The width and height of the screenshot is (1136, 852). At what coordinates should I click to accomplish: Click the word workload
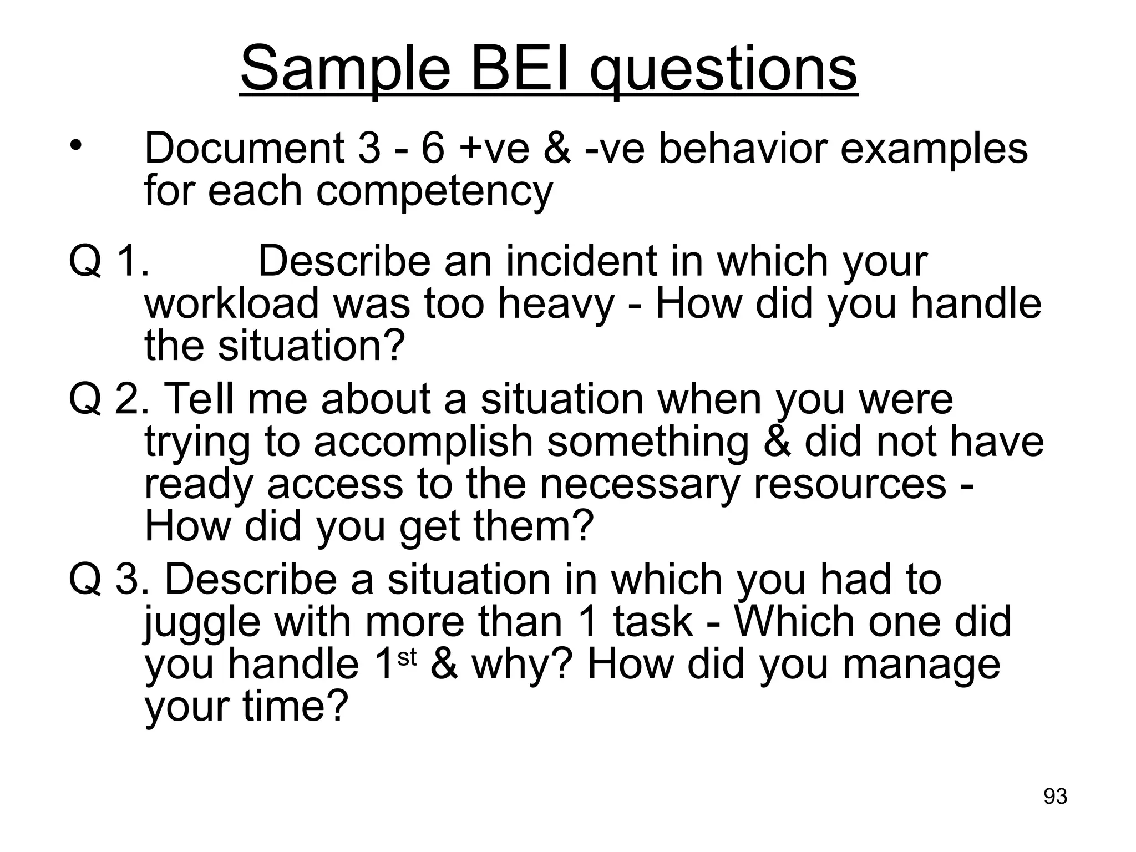[x=232, y=303]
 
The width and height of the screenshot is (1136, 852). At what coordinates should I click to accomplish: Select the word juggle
[x=202, y=622]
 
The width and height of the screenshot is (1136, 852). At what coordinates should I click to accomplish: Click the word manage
[x=921, y=666]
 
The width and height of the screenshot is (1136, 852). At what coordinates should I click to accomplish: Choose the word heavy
[x=556, y=303]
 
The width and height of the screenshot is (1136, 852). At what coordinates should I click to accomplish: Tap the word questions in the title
[x=723, y=69]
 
